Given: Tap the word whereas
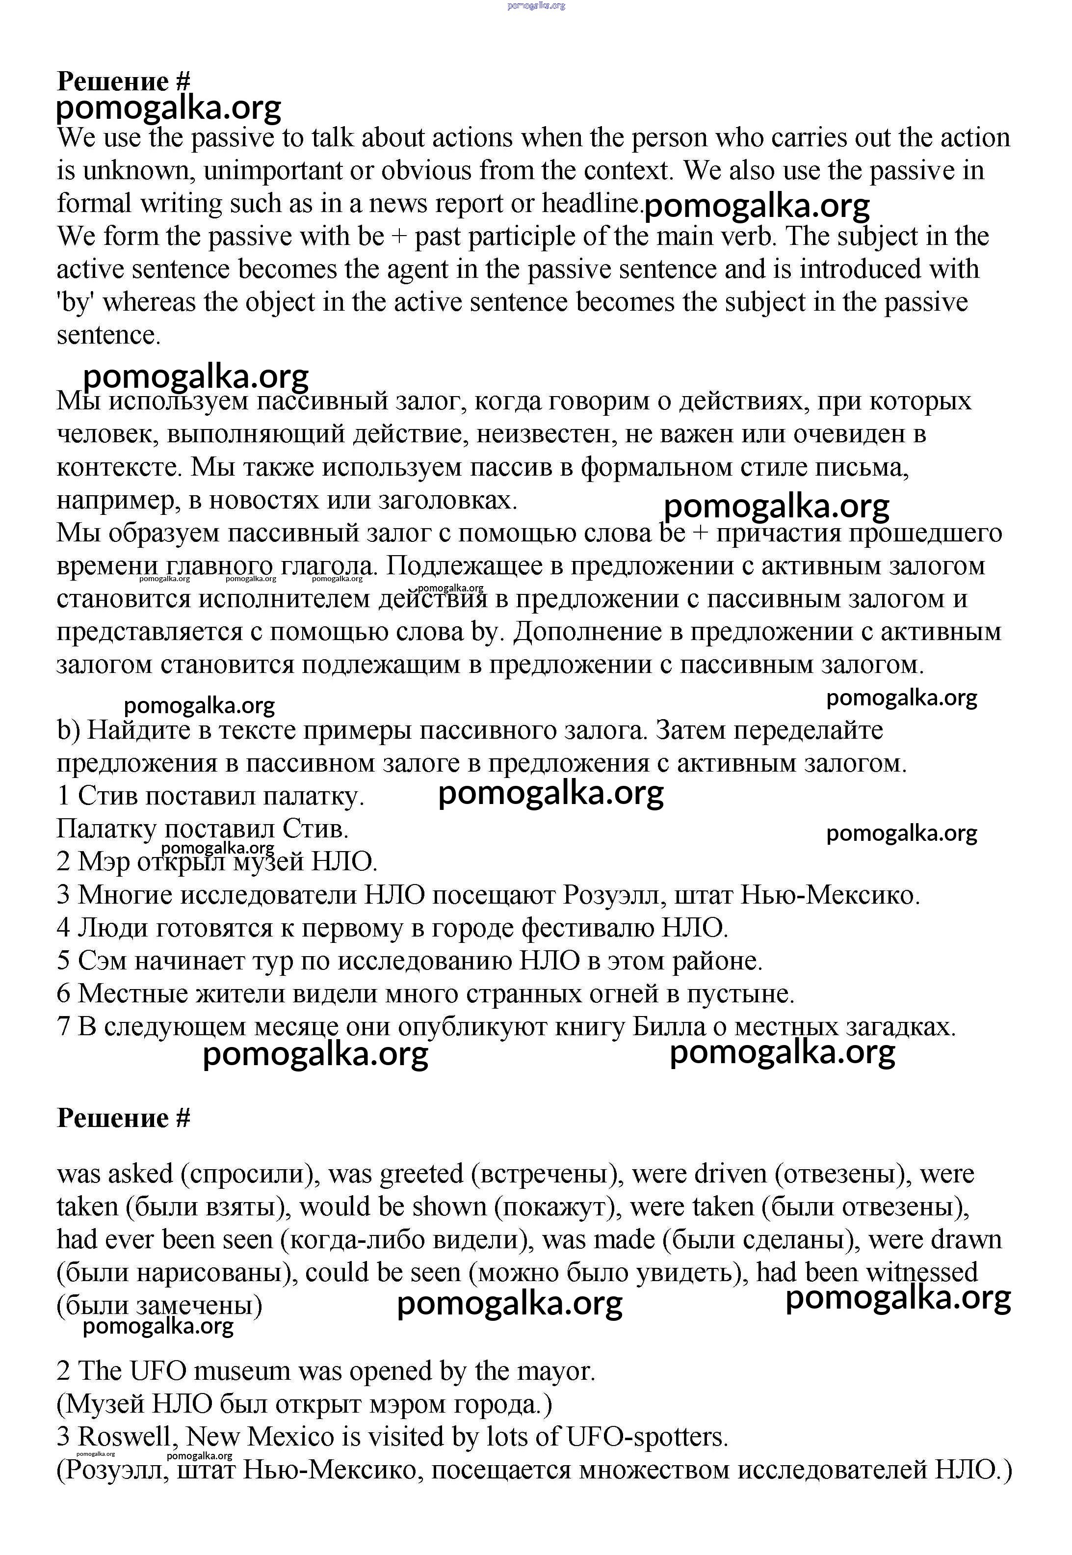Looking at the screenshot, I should tap(149, 302).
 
